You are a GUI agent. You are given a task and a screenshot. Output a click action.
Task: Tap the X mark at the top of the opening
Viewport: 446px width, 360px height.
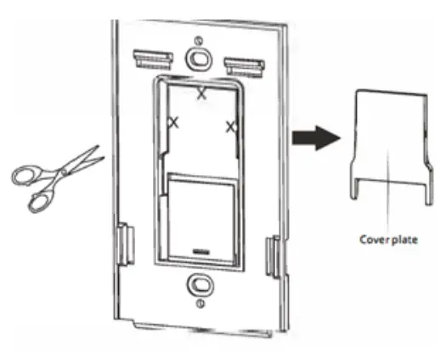point(201,94)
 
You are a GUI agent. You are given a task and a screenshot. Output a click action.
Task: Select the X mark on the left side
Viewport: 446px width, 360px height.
point(174,123)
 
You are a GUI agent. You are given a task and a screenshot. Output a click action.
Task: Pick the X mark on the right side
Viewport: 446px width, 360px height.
point(229,127)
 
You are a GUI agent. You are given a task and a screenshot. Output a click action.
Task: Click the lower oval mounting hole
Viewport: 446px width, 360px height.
point(197,283)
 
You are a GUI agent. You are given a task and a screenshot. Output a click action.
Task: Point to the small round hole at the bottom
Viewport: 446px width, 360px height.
point(197,303)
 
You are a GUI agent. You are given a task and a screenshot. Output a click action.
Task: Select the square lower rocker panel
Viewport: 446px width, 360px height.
point(200,212)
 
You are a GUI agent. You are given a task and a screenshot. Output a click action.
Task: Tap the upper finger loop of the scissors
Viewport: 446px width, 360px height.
point(26,174)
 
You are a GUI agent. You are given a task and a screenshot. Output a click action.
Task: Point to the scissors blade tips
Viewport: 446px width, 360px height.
point(98,153)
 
